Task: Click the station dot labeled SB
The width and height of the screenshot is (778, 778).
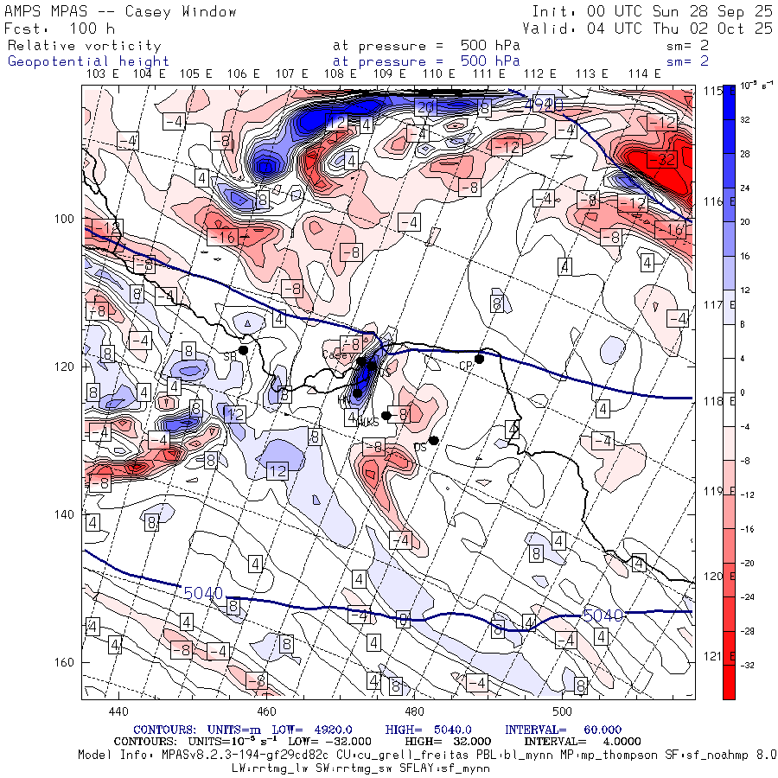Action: (x=244, y=350)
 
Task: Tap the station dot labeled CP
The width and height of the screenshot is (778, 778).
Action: (x=479, y=359)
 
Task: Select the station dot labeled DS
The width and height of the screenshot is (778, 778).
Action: (x=434, y=440)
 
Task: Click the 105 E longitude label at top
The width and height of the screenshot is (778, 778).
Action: (x=196, y=73)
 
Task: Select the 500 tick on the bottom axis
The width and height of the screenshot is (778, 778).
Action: (x=563, y=711)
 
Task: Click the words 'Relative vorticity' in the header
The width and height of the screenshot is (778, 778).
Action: (x=85, y=45)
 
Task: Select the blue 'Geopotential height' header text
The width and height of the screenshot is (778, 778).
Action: (x=89, y=61)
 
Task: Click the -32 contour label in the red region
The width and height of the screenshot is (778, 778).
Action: (x=665, y=160)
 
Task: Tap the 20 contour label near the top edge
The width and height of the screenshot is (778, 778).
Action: (x=424, y=107)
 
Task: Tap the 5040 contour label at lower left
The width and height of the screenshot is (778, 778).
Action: (x=204, y=593)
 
